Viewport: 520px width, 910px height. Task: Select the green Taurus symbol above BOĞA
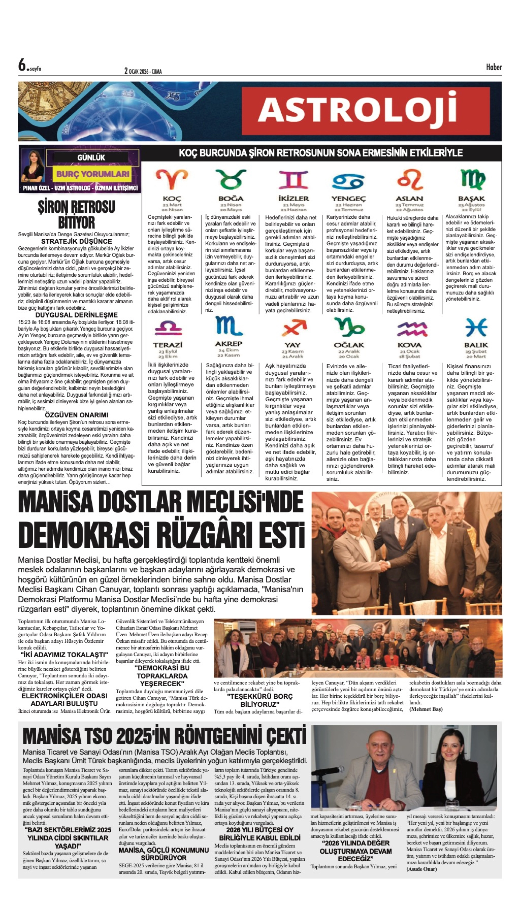pyautogui.click(x=231, y=179)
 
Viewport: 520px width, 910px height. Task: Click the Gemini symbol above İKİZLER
pyautogui.click(x=293, y=180)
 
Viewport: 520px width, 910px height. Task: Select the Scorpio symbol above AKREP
pyautogui.click(x=229, y=326)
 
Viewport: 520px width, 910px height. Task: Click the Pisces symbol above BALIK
pyautogui.click(x=476, y=327)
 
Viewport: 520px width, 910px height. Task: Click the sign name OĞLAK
pyautogui.click(x=349, y=345)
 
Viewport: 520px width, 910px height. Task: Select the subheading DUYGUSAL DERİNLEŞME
pyautogui.click(x=76, y=315)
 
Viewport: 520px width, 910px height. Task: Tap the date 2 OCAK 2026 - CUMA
pyautogui.click(x=143, y=71)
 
